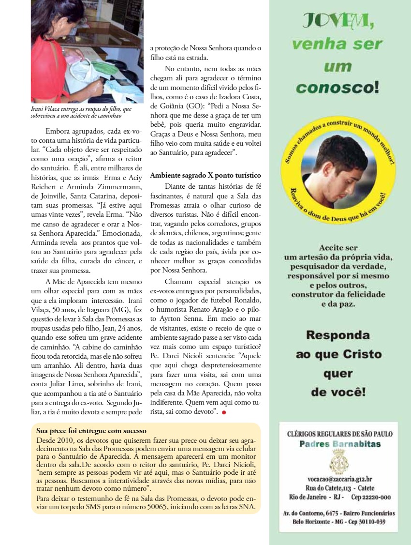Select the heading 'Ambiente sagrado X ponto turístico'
205,175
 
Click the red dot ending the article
224,412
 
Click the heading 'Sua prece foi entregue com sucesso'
91,430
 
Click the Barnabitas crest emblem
338,460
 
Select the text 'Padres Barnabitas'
339,444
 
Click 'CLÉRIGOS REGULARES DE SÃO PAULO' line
339,434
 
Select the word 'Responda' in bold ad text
338,335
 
